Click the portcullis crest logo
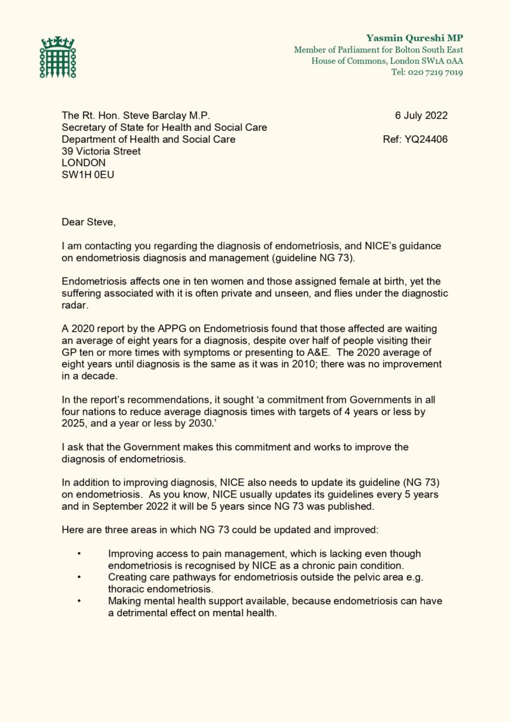[57, 57]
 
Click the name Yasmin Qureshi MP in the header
[414, 38]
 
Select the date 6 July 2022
[421, 115]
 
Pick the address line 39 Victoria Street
[101, 151]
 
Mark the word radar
[75, 305]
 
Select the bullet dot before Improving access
[78, 554]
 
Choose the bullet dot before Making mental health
[78, 601]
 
